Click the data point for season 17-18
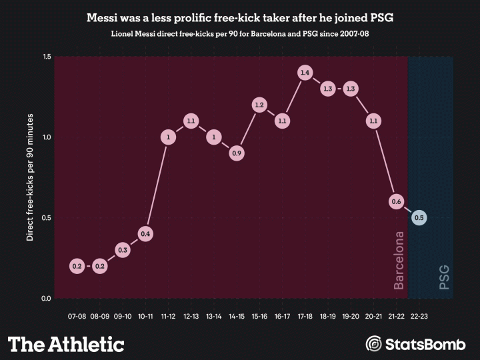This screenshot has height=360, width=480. point(305,73)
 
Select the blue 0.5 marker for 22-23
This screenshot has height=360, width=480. point(419,217)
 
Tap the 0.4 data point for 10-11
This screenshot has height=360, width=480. point(145,233)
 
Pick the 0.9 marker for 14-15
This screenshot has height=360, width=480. point(236,153)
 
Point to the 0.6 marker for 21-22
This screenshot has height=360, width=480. point(396,201)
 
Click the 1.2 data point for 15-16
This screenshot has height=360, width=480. point(259,105)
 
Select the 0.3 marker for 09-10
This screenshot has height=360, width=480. point(123,250)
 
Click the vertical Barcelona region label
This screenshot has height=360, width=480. point(399,260)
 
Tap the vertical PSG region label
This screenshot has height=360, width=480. point(443,277)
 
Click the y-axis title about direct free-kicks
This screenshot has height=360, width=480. point(30,177)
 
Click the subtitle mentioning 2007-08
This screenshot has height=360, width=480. point(240,33)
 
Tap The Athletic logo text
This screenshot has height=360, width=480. point(66,344)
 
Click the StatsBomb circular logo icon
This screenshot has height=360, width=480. point(375,344)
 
